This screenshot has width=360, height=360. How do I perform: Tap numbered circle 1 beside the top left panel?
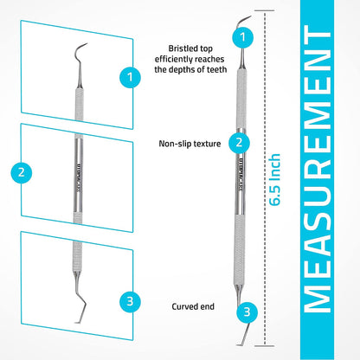pos(129,77)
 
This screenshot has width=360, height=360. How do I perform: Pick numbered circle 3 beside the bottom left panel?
pos(129,301)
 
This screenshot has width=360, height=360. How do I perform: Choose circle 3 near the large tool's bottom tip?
pos(247,312)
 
